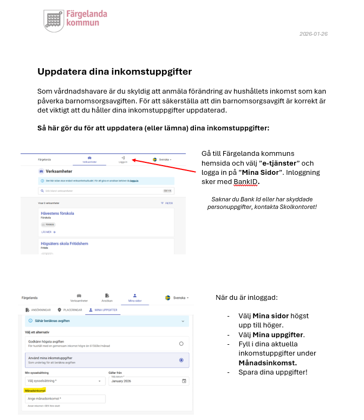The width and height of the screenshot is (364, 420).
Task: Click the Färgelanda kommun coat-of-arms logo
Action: tap(54, 21)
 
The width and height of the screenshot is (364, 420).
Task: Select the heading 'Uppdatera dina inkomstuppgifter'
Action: tap(114, 71)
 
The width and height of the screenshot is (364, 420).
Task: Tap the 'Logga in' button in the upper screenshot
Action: tap(123, 160)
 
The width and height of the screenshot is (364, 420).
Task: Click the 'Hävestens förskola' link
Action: tap(57, 213)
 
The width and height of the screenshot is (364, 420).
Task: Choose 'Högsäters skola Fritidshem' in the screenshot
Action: tap(64, 244)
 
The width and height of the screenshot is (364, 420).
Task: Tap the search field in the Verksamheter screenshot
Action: tap(103, 191)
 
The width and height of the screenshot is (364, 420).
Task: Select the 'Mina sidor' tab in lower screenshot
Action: tap(135, 298)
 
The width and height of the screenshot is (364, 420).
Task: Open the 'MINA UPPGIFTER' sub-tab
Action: tap(102, 310)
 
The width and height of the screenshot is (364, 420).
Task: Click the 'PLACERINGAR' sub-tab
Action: tap(70, 310)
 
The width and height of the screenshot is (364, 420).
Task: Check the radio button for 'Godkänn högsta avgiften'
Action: tap(181, 344)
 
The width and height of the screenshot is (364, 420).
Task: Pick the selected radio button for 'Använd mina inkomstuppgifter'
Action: tap(181, 360)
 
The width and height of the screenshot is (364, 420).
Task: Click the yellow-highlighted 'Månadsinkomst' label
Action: tap(35, 390)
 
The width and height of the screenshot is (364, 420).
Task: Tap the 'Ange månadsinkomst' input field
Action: tap(65, 399)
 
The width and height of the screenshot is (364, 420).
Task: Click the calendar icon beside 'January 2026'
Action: tap(184, 381)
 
